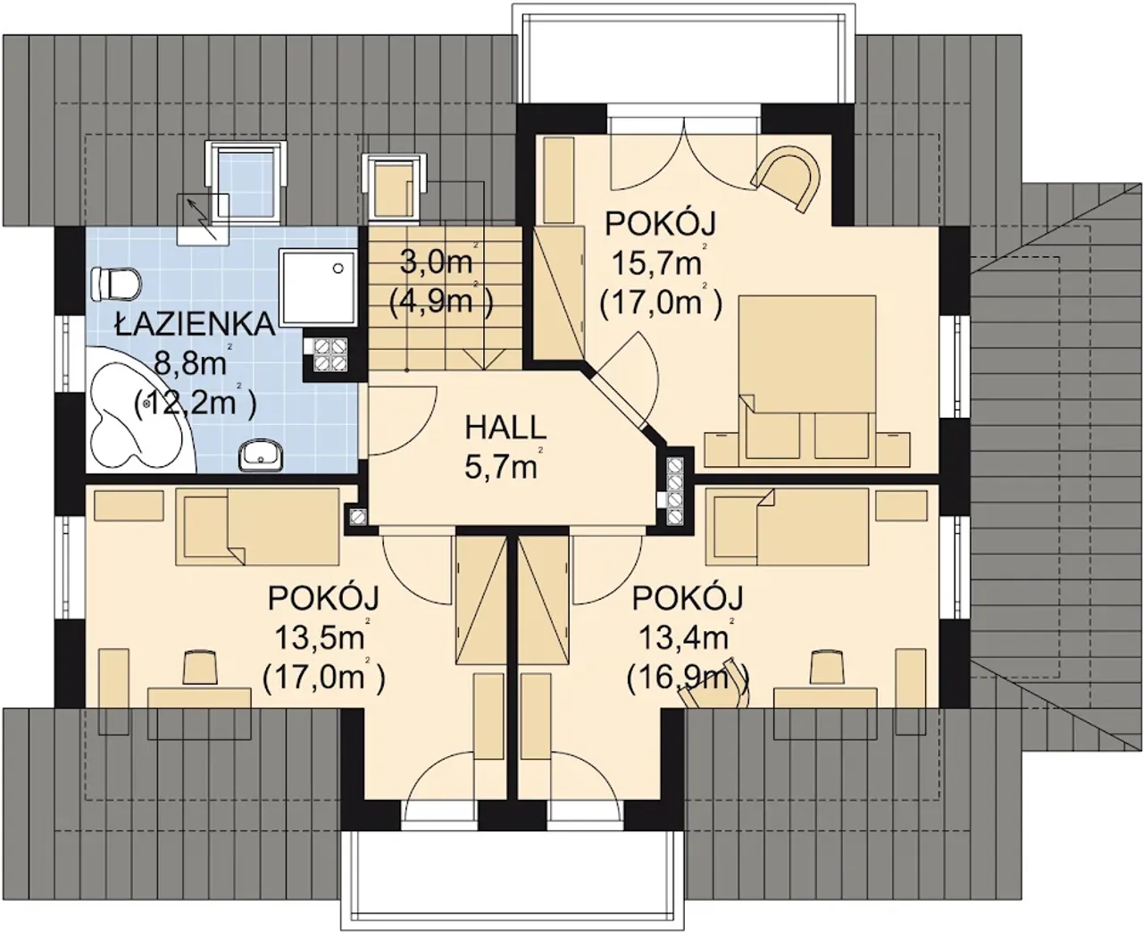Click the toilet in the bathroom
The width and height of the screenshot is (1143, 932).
[x=116, y=283]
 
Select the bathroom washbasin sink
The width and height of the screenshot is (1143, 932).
[x=261, y=455]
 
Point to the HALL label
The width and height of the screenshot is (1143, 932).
[x=505, y=428]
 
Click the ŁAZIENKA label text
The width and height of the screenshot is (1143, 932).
[x=194, y=324]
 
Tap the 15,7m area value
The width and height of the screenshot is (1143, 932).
[x=656, y=264]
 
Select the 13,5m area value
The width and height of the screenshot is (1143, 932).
[x=320, y=637]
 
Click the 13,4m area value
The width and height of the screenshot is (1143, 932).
[x=683, y=637]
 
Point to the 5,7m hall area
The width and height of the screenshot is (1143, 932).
[x=501, y=467]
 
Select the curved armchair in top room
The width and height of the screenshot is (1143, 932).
[x=787, y=177]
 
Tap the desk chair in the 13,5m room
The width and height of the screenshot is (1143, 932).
[x=200, y=667]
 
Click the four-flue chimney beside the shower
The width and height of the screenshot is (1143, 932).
[x=325, y=354]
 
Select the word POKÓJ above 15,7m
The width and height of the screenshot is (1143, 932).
[x=660, y=224]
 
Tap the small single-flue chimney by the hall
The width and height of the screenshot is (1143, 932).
[x=356, y=516]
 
